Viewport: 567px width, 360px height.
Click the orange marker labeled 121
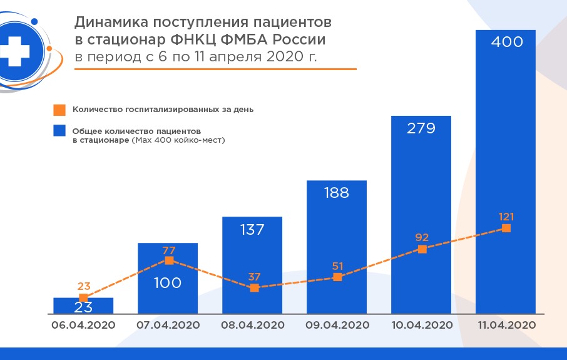(x=506, y=229)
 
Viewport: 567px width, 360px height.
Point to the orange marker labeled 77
(x=168, y=260)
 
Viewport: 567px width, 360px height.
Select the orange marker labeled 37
(x=254, y=288)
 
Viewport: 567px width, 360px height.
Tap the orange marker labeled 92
(x=422, y=249)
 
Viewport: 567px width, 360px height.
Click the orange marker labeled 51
(x=338, y=277)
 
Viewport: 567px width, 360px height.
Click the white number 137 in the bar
(x=252, y=230)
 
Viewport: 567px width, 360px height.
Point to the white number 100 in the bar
(x=168, y=283)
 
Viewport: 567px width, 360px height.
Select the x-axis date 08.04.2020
(x=253, y=325)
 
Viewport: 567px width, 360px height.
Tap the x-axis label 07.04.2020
(x=168, y=325)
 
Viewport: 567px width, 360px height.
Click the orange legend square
(x=59, y=110)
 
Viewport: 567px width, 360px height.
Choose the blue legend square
(x=59, y=131)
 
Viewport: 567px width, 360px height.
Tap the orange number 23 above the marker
(x=84, y=286)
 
